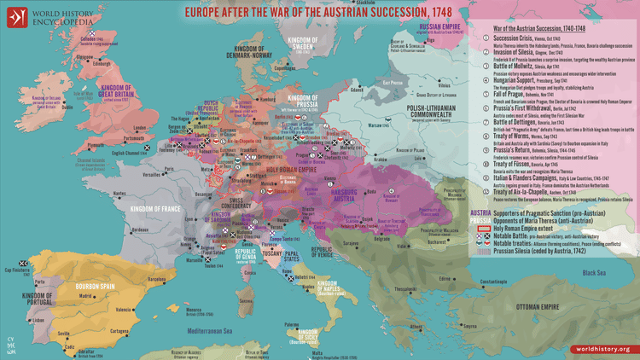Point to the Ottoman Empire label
tap(547, 305)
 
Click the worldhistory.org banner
tap(602, 349)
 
